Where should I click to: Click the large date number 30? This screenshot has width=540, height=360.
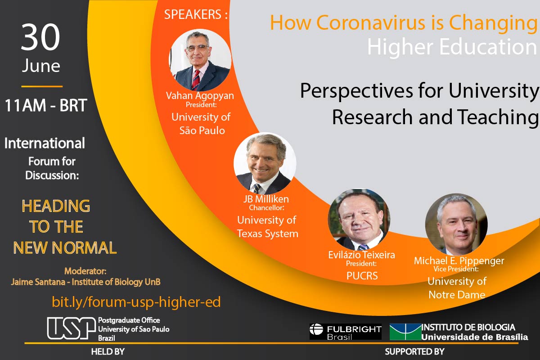40,37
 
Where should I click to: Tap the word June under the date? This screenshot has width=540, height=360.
41,66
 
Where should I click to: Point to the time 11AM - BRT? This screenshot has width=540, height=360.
46,105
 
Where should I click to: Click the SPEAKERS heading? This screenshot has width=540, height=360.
195,14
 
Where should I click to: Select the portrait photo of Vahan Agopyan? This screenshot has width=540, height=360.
200,60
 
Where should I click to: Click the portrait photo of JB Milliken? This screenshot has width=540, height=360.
265,163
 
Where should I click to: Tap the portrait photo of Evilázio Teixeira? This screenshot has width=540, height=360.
359,220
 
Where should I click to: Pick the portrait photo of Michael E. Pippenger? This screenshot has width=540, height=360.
456,224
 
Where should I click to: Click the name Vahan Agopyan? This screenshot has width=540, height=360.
200,96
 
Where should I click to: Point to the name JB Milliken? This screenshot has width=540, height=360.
266,199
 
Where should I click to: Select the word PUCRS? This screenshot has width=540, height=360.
362,275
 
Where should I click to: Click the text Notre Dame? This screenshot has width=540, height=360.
457,295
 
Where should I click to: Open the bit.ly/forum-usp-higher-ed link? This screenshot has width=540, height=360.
136,302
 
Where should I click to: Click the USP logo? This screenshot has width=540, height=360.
72,328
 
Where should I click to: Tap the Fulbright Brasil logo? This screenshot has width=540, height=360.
346,332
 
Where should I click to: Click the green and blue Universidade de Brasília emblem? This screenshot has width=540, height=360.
405,332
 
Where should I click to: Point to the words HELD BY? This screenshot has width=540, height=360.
108,352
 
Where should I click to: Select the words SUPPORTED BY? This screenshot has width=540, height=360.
414,351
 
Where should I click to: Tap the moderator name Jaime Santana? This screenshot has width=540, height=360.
38,282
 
